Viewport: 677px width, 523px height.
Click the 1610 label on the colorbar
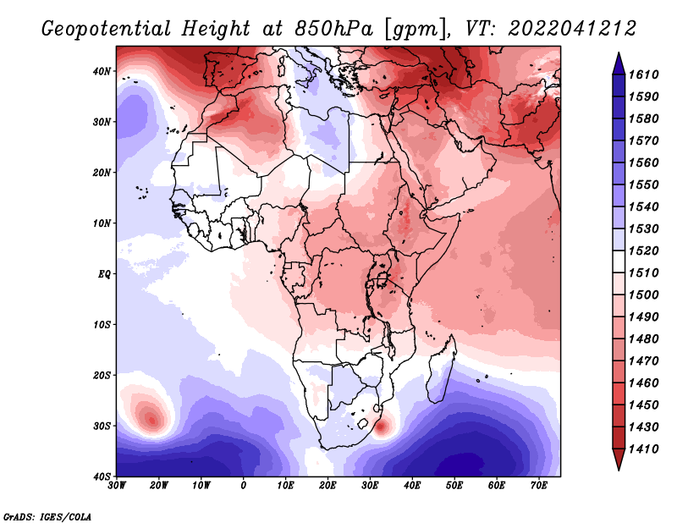pyautogui.click(x=643, y=74)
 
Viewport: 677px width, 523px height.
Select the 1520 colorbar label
pyautogui.click(x=643, y=250)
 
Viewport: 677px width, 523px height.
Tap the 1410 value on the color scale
pyautogui.click(x=643, y=449)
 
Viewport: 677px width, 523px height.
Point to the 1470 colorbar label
pyautogui.click(x=643, y=361)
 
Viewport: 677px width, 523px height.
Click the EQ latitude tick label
pyautogui.click(x=104, y=274)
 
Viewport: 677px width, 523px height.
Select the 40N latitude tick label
pyautogui.click(x=102, y=71)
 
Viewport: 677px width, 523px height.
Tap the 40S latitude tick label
pyautogui.click(x=102, y=476)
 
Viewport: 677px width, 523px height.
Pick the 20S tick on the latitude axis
pyautogui.click(x=102, y=375)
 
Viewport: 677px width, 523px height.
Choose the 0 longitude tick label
pyautogui.click(x=243, y=486)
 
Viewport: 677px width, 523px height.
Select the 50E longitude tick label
pyautogui.click(x=454, y=486)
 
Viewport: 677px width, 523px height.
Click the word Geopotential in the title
pyautogui.click(x=107, y=29)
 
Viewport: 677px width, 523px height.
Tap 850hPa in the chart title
pyautogui.click(x=333, y=29)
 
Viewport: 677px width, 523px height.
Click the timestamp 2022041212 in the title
pyautogui.click(x=573, y=29)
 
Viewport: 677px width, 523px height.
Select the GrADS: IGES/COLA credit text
pyautogui.click(x=47, y=516)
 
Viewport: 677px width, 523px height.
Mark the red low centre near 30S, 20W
pyautogui.click(x=151, y=419)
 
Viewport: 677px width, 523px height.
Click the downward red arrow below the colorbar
pyautogui.click(x=619, y=459)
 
